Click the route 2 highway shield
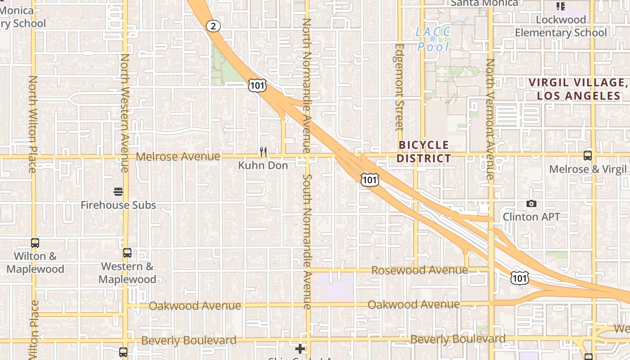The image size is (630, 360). (214, 26)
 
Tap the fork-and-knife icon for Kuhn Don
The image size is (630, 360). (263, 152)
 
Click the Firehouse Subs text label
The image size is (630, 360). (118, 205)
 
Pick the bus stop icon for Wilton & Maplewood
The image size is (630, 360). (35, 243)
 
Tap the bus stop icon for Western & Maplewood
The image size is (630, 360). (127, 253)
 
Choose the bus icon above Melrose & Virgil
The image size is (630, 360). (588, 156)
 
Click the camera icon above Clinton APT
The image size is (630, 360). (531, 204)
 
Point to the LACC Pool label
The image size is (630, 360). (433, 39)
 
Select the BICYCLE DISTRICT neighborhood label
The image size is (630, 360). (424, 152)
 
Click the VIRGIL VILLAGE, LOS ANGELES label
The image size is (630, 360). (579, 89)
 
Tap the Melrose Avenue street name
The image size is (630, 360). (178, 157)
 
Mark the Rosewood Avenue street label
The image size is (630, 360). (420, 270)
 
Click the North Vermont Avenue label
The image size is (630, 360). (490, 119)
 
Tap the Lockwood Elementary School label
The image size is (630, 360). (561, 26)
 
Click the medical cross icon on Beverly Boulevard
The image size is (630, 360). (300, 349)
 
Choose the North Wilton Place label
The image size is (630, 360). (32, 124)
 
